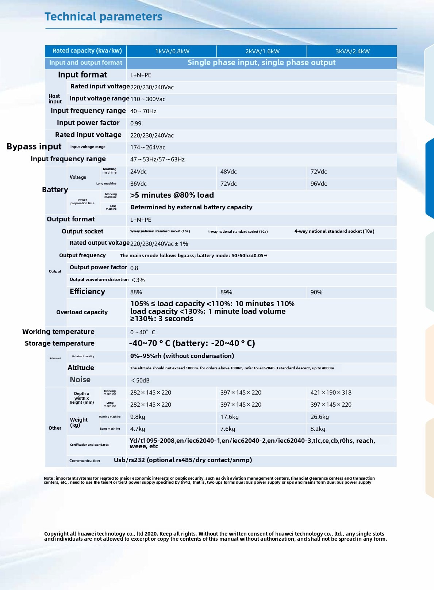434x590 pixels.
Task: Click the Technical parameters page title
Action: coord(103,17)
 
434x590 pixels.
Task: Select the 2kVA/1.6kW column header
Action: coord(262,51)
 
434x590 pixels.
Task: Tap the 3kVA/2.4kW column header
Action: coord(352,51)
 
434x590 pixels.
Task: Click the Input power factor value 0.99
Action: coord(136,123)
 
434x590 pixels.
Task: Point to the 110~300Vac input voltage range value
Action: coord(148,99)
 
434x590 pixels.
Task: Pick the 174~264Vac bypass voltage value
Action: coord(148,147)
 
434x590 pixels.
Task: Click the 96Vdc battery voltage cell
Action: coord(319,184)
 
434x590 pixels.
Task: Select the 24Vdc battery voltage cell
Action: coord(138,172)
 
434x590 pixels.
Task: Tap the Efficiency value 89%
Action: coord(226,292)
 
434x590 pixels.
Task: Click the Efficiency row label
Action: coord(87,292)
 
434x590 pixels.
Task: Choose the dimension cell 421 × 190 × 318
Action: coord(331,393)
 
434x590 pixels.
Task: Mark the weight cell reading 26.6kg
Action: coord(319,417)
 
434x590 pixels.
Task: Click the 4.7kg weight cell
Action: coord(138,429)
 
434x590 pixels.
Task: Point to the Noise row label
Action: coord(80,380)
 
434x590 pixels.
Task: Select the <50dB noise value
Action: coord(140,381)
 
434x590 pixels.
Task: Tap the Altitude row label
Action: coord(81,368)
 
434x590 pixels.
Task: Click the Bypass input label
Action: coord(34,146)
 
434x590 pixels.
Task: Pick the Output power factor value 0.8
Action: coord(134,268)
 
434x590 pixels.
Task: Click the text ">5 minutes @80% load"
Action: coord(172,195)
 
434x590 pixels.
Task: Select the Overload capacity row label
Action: coord(82,312)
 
